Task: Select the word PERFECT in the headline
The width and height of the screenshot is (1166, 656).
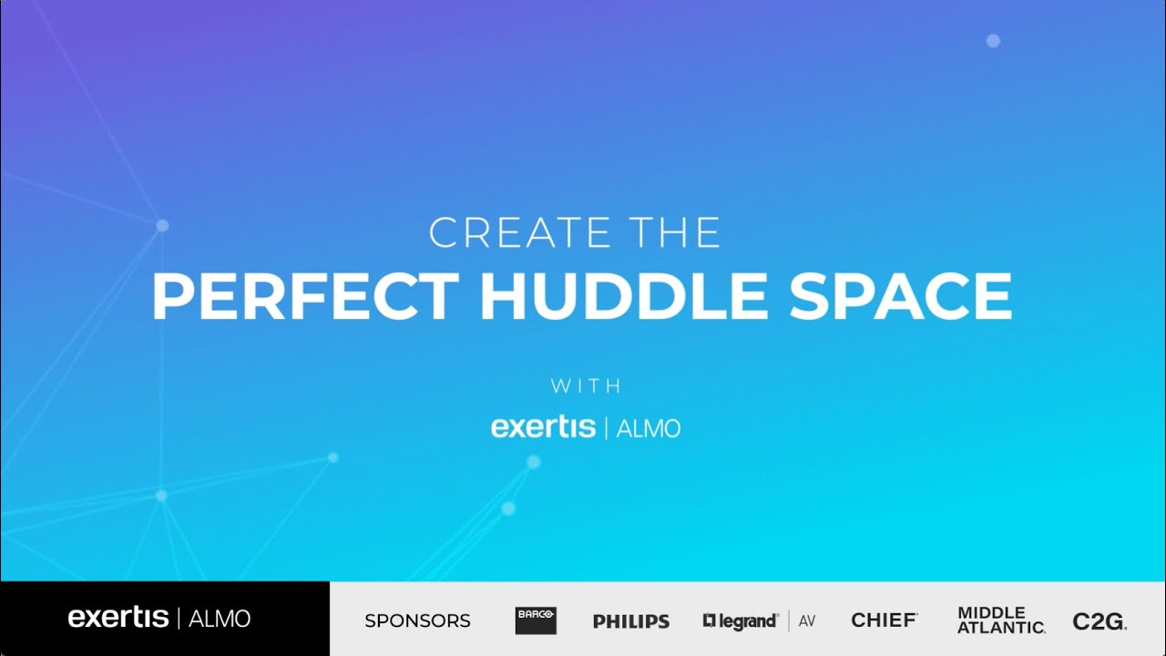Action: coord(305,296)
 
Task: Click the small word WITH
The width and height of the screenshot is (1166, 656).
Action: coord(586,386)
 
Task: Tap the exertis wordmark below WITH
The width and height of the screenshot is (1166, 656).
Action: coord(543,426)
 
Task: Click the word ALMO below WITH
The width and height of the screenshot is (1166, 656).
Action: coord(649,427)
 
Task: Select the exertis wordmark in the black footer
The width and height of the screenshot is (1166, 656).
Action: coord(118,618)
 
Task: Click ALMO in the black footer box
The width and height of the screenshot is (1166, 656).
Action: coord(220,619)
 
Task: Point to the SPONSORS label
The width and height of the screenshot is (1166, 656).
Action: coord(417,621)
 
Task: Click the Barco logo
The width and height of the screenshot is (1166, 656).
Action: coord(536,620)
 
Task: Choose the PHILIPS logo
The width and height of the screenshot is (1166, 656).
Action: coord(631,621)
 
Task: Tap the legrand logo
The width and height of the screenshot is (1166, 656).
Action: coord(741,621)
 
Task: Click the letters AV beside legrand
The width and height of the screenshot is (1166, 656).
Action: coord(806,621)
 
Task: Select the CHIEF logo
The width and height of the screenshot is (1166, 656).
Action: coord(884,620)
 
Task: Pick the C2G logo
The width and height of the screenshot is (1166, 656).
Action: coord(1100,621)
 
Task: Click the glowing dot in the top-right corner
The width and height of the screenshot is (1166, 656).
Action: coord(993,41)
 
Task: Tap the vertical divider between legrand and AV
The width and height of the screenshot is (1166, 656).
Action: coord(789,620)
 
